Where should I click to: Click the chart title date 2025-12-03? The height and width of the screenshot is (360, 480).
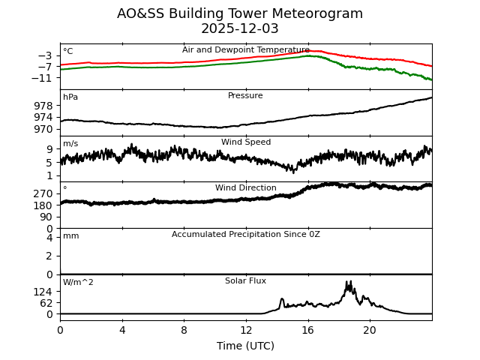(240, 29)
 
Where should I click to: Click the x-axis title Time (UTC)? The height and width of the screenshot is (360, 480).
(245, 346)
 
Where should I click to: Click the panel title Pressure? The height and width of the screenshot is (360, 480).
(245, 96)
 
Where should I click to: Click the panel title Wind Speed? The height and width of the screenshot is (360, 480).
(245, 142)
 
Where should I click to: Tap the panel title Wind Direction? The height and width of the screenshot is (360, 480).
(245, 188)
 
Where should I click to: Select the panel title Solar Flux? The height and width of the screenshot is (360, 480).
(245, 281)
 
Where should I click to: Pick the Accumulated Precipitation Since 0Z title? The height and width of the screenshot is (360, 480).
(245, 235)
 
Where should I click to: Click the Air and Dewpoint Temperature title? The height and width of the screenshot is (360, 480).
(245, 50)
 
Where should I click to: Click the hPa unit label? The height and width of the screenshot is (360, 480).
(70, 97)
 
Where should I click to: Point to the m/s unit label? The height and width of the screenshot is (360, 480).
(70, 144)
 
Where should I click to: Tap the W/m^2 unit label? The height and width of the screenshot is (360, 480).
(78, 283)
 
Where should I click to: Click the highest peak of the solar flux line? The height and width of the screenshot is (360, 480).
(349, 282)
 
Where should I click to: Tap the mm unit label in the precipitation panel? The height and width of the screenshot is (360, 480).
(70, 236)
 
